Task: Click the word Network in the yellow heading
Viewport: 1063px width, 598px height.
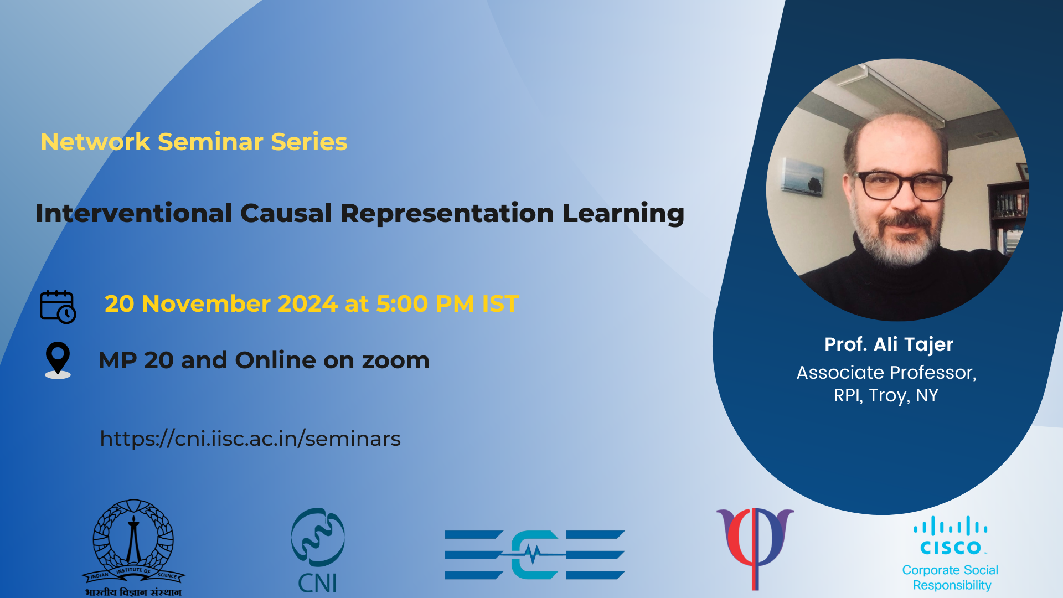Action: point(95,142)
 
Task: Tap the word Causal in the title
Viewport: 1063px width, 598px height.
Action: point(286,213)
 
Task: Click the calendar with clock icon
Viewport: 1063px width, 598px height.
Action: point(58,306)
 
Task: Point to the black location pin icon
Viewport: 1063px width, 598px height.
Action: point(58,360)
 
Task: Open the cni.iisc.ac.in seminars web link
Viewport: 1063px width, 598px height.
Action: point(250,439)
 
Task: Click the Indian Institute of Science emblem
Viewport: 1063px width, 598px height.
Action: point(133,548)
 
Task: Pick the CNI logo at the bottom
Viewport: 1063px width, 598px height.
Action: point(318,550)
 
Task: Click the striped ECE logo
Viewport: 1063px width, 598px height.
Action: point(535,555)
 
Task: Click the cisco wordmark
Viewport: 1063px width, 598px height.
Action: point(951,548)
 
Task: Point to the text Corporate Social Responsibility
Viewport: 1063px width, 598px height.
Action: point(951,578)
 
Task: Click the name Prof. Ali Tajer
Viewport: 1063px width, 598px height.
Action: point(889,344)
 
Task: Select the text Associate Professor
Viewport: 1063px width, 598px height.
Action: point(886,373)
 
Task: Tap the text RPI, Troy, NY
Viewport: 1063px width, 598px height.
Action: point(886,395)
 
